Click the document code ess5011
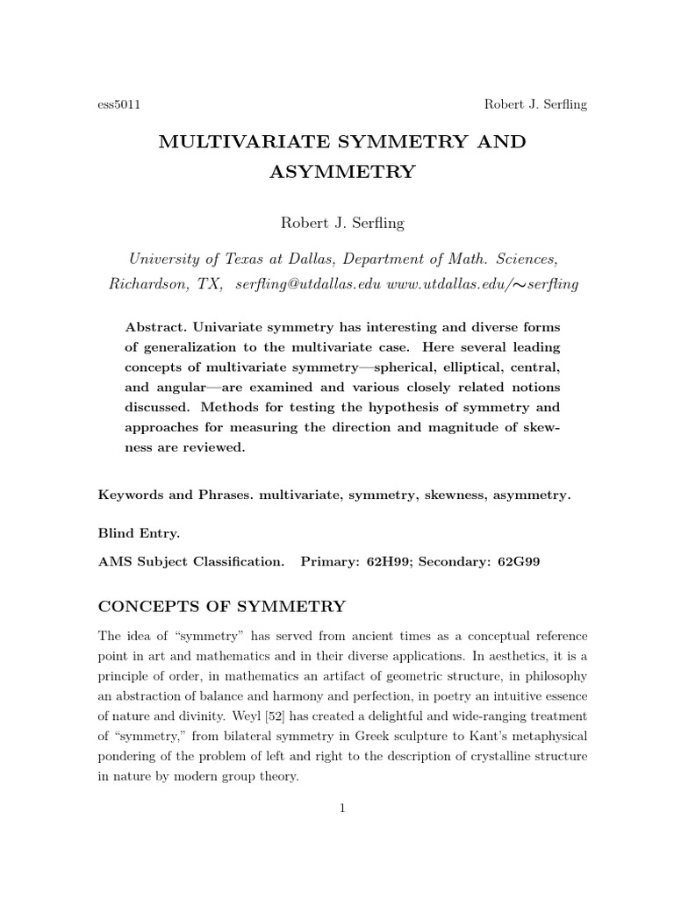click(118, 104)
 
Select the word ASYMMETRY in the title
click(341, 172)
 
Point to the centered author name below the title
click(341, 223)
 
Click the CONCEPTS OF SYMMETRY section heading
click(222, 606)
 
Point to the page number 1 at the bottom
click(342, 809)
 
